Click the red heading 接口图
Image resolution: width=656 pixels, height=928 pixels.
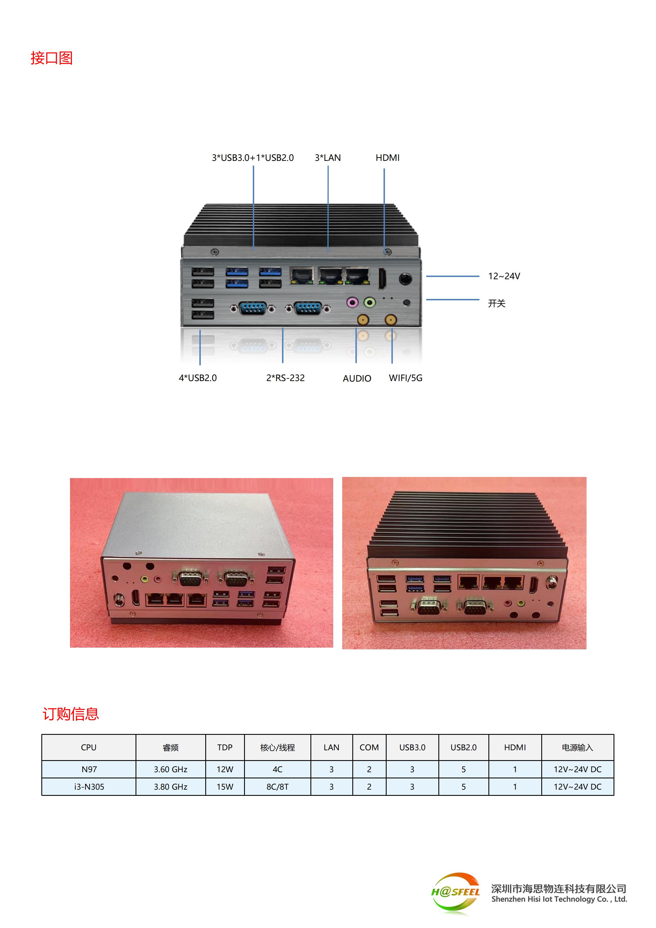(x=52, y=58)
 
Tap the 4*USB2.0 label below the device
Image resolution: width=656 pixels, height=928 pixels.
(x=198, y=378)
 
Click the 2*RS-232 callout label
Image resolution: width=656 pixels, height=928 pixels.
(x=285, y=378)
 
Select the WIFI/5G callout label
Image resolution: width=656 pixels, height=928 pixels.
(x=405, y=378)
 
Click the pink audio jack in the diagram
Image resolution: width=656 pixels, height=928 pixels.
(x=352, y=302)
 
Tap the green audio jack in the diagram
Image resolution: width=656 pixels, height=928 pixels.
(x=369, y=302)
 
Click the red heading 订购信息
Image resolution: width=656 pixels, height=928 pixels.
(x=71, y=714)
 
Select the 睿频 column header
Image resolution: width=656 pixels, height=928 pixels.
(x=171, y=748)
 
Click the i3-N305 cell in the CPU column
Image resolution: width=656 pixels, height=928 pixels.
(x=89, y=787)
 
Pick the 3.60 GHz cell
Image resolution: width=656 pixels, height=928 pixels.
(x=171, y=770)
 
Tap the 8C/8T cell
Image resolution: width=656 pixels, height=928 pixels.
(x=277, y=787)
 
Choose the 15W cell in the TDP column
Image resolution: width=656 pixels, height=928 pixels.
(x=225, y=787)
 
